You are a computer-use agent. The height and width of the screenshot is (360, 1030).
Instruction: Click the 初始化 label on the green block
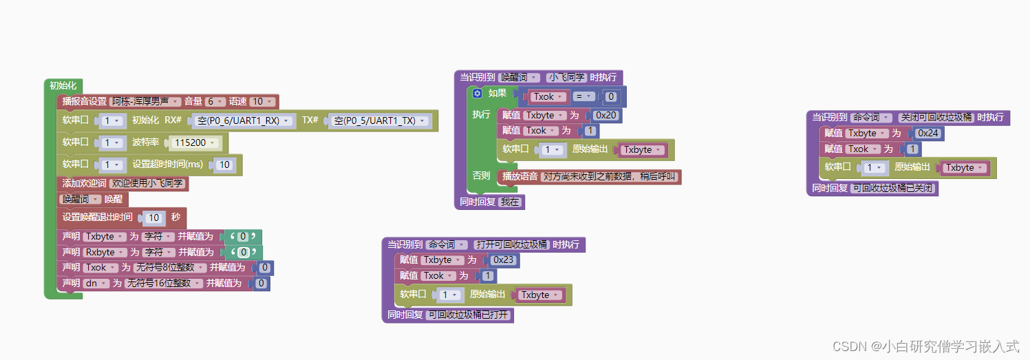[x=63, y=86]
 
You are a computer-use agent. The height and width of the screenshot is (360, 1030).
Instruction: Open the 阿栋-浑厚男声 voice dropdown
[x=146, y=102]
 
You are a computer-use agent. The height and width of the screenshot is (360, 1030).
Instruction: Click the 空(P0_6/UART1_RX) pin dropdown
[x=243, y=120]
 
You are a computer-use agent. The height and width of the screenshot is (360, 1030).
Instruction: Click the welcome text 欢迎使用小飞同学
[x=149, y=184]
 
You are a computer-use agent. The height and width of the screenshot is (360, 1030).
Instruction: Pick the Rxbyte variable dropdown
[x=103, y=252]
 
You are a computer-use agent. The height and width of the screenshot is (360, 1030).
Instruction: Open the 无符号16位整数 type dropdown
[x=162, y=283]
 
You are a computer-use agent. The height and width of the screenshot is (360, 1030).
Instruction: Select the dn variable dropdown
[x=96, y=283]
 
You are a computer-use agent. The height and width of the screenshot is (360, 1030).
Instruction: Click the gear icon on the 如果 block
[x=477, y=94]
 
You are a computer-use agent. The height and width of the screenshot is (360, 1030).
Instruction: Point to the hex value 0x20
[x=605, y=115]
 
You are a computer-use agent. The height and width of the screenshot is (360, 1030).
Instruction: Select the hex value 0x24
[x=928, y=133]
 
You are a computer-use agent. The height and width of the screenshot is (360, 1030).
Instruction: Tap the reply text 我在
[x=510, y=202]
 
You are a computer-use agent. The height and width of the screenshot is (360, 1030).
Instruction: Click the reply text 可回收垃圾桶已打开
[x=469, y=315]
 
